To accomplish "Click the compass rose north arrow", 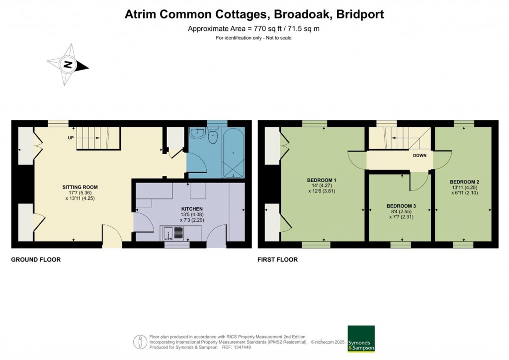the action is pyautogui.click(x=68, y=65).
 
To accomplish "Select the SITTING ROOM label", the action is pyautogui.click(x=80, y=187).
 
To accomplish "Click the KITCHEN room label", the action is pyautogui.click(x=192, y=209).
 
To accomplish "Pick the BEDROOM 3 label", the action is pyautogui.click(x=401, y=206).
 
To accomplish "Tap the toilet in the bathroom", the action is pyautogui.click(x=213, y=136).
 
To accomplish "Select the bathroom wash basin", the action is pyautogui.click(x=197, y=133).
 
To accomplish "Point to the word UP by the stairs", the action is pyautogui.click(x=71, y=138).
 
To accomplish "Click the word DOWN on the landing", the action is pyautogui.click(x=420, y=156).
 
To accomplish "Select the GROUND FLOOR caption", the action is pyautogui.click(x=36, y=260).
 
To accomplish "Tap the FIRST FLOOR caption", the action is pyautogui.click(x=277, y=260).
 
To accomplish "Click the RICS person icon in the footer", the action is pyautogui.click(x=140, y=342).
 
